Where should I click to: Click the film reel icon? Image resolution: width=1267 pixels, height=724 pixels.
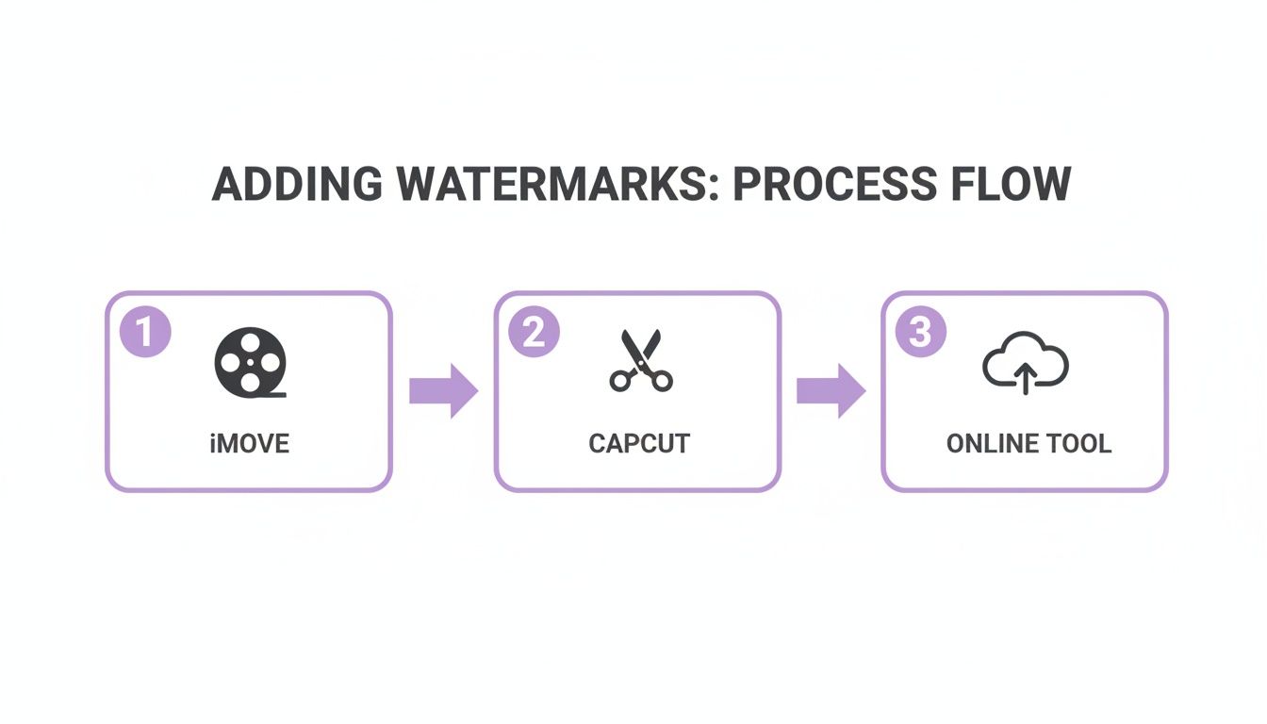coord(250,362)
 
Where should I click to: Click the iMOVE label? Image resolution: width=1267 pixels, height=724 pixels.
coord(249,443)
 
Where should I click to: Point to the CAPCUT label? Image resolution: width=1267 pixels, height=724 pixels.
coord(639,443)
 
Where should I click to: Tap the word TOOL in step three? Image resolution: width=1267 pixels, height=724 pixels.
coord(1082,443)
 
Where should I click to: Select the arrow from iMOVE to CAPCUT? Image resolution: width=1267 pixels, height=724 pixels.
coord(444,390)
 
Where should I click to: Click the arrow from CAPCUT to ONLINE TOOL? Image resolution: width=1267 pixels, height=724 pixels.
coord(831,390)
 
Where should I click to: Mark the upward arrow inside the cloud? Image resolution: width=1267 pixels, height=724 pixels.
coord(1025,380)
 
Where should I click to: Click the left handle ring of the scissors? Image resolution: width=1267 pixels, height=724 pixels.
coord(621,381)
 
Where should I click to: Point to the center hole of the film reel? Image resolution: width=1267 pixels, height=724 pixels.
coord(250,362)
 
